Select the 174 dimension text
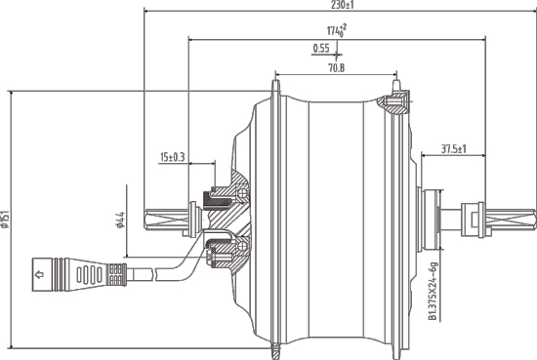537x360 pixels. pos(336,32)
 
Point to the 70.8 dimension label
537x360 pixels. pos(335,68)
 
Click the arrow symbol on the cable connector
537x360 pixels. pos(40,275)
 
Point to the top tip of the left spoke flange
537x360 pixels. pos(274,90)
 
